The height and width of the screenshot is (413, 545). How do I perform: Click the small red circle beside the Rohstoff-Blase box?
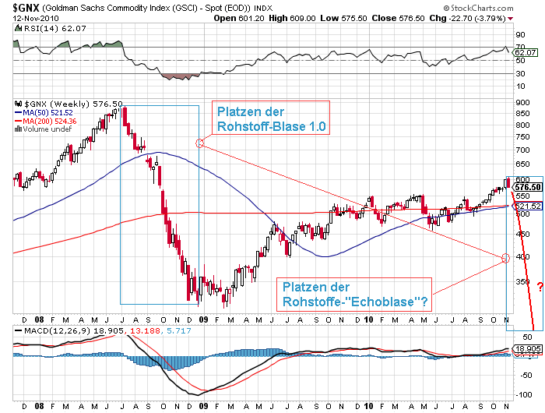point(199,143)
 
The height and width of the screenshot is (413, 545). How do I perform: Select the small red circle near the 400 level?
point(505,258)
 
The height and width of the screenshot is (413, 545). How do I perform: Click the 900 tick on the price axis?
point(522,101)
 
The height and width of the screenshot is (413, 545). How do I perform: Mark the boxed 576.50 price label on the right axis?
point(527,188)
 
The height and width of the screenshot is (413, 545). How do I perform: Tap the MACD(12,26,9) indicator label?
point(46,330)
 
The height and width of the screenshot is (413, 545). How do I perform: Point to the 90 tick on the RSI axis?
point(520,34)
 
